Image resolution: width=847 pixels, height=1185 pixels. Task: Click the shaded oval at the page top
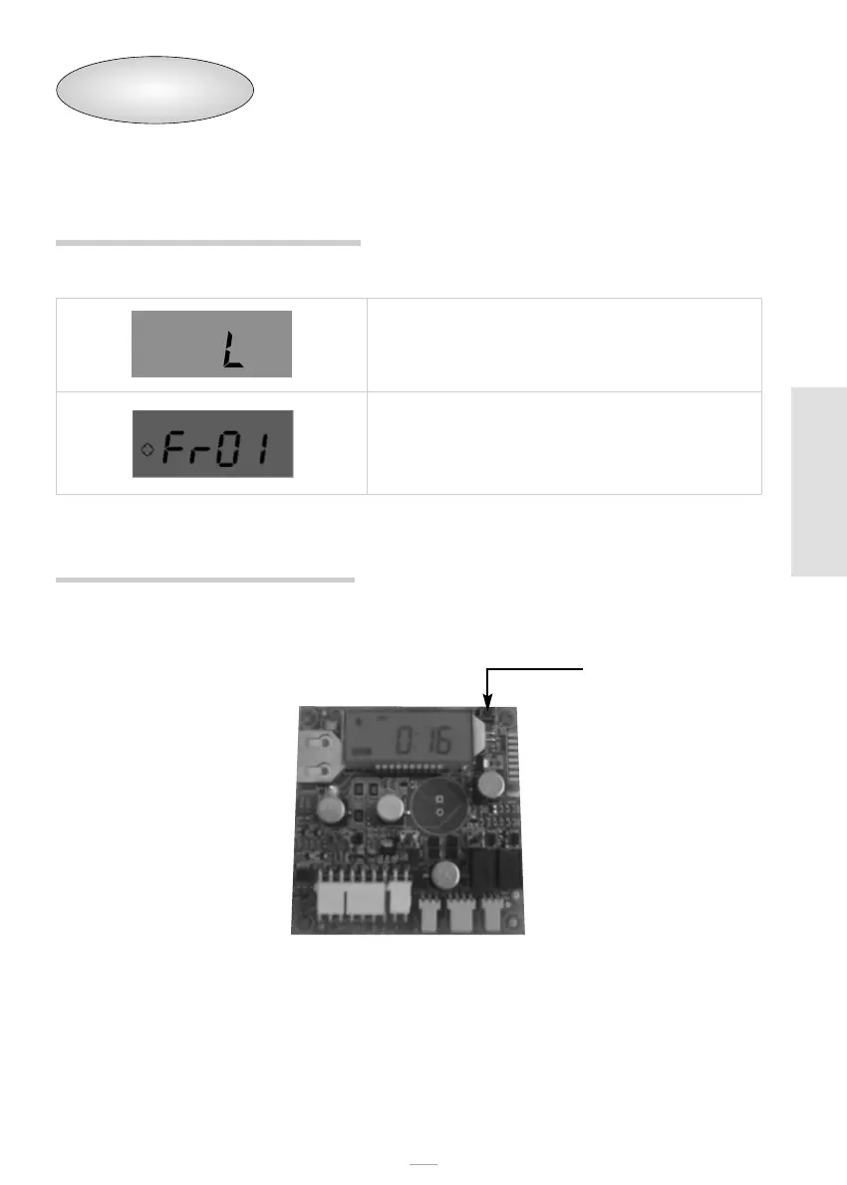click(x=153, y=90)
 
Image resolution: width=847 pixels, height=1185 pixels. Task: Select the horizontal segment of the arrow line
click(x=535, y=670)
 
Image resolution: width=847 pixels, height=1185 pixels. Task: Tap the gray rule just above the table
click(x=207, y=242)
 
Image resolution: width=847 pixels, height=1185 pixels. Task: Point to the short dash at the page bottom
click(x=424, y=1163)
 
